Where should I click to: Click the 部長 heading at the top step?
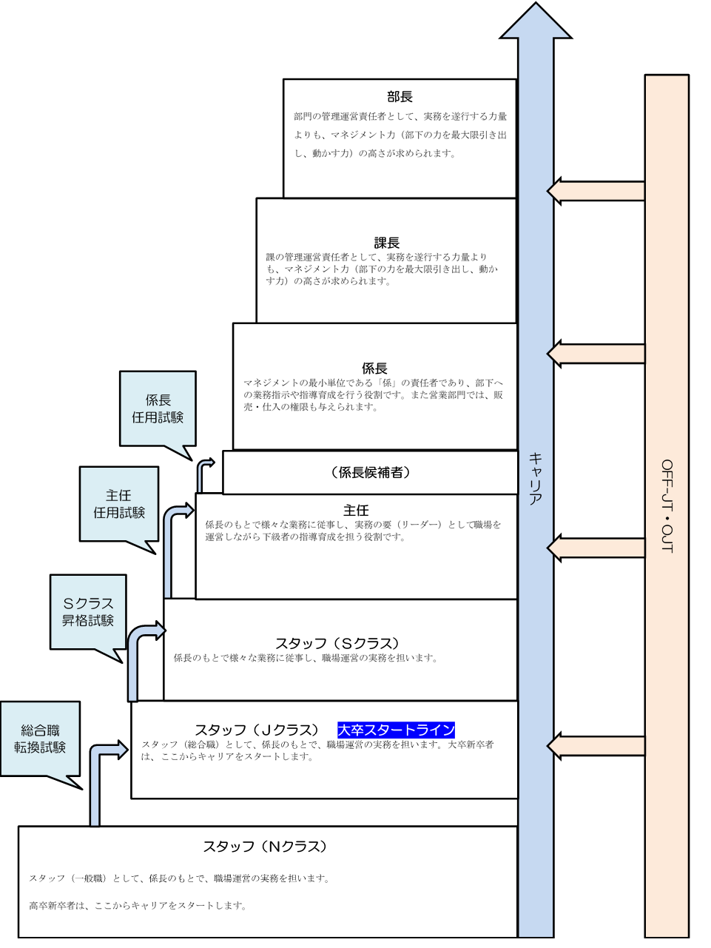coord(400,97)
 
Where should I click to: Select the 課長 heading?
coord(386,243)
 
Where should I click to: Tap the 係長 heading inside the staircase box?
coord(374,369)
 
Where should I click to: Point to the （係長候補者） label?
coord(370,472)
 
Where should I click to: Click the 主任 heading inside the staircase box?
coord(356,511)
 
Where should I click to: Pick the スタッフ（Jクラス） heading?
coord(257,730)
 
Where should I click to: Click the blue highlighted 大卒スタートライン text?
coord(396,730)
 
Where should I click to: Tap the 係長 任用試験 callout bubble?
coord(158,409)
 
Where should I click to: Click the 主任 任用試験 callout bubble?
coord(119,504)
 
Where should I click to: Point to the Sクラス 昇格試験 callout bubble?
coord(88,612)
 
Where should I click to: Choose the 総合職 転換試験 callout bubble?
coord(40,739)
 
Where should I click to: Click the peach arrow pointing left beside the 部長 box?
coord(596,191)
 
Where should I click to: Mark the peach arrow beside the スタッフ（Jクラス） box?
coord(596,746)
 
